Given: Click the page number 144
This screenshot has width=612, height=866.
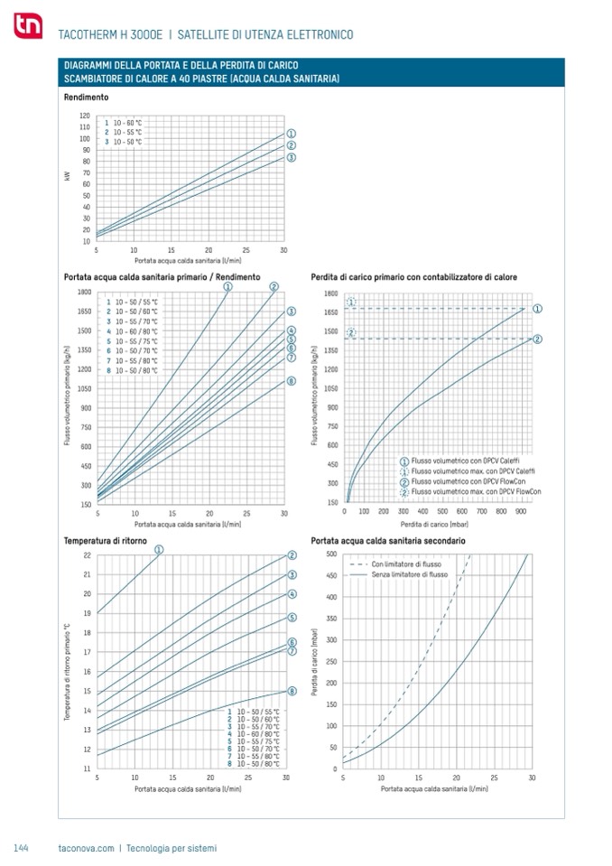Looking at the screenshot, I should point(23,848).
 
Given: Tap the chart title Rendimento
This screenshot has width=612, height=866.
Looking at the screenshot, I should point(87,97).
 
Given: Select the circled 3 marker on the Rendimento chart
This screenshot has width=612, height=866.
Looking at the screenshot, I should point(292,158).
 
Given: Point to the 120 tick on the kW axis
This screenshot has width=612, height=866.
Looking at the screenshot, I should point(85,116).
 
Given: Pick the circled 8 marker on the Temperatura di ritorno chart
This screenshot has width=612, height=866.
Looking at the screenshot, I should point(292,691).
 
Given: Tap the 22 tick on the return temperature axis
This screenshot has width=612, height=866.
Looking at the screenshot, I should point(87,554).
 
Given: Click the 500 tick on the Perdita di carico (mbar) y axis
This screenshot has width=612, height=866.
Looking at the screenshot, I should point(331,554).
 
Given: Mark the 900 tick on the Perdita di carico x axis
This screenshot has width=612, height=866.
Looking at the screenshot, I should point(521,511).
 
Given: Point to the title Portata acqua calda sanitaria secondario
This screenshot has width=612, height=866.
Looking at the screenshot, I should point(388,540).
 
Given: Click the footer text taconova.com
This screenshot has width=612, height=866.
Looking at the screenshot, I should point(86,848).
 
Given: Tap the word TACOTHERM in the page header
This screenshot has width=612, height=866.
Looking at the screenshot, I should point(85,34).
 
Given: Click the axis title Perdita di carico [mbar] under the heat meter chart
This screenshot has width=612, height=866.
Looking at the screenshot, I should point(426,524).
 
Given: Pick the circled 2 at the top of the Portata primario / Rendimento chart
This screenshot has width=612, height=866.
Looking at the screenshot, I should point(274,287).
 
